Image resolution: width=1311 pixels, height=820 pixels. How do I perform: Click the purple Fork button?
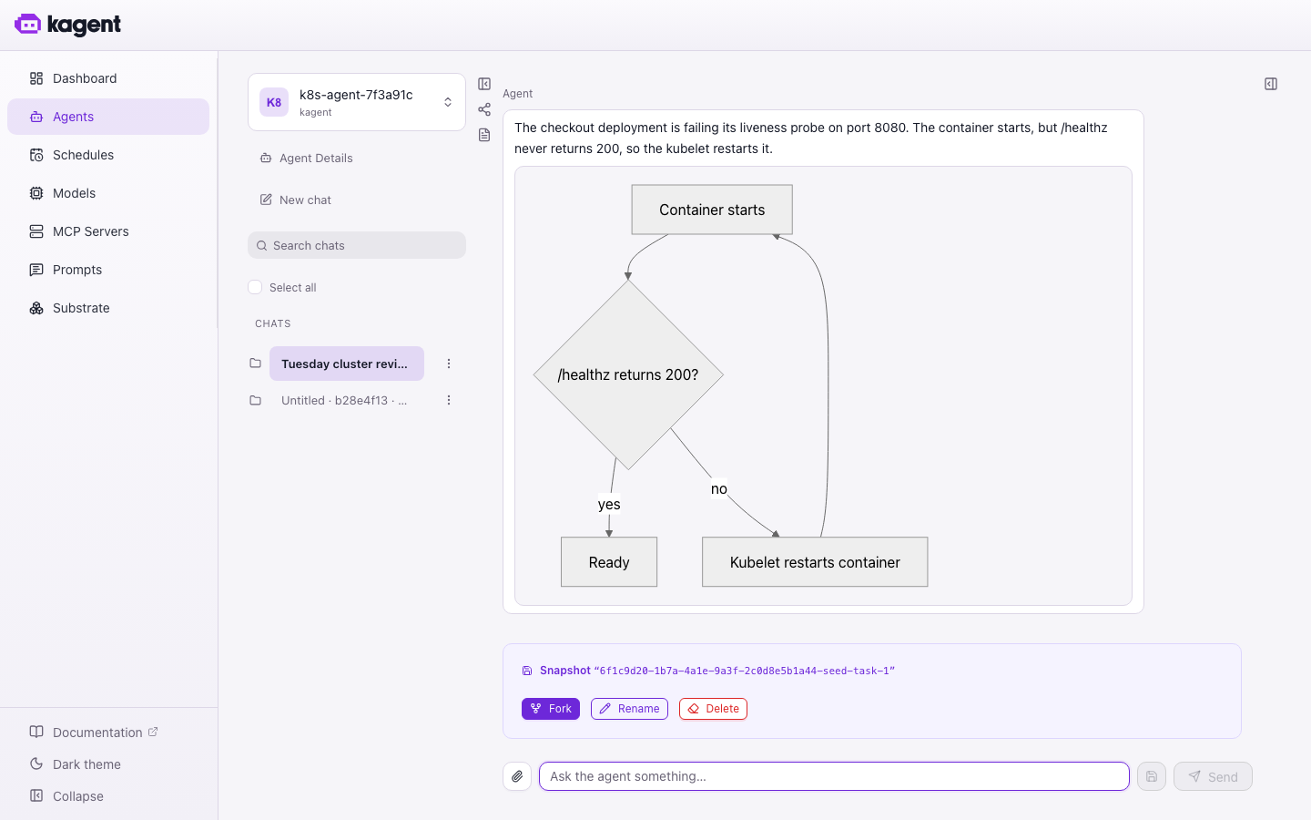(550, 709)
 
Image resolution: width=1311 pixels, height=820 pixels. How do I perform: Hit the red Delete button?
(713, 709)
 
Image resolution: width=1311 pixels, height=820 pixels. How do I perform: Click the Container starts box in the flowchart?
(712, 210)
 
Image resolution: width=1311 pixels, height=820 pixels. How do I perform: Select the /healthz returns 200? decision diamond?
(628, 374)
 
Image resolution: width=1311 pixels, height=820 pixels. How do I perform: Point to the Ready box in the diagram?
(609, 562)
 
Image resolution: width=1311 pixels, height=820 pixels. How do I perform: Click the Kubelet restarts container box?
(815, 562)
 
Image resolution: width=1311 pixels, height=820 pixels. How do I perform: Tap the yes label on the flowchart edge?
(609, 505)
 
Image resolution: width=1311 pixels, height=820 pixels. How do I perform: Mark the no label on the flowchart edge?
(718, 489)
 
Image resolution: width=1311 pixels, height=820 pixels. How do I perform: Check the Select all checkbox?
(255, 288)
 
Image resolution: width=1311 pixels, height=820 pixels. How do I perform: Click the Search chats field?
(357, 245)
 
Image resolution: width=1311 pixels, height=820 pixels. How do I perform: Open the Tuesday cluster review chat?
(347, 364)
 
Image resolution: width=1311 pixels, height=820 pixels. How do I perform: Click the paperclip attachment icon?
(517, 776)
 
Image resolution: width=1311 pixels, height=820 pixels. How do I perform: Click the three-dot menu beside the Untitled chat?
(448, 401)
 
